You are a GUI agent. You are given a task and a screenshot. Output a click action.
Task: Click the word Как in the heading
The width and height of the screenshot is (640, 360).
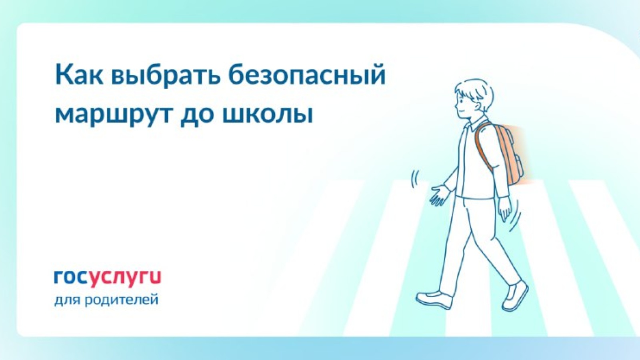tap(79, 75)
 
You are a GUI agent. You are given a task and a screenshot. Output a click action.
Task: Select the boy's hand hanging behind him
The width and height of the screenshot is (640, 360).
tap(505, 209)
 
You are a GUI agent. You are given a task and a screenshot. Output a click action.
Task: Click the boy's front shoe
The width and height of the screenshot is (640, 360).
tap(434, 300)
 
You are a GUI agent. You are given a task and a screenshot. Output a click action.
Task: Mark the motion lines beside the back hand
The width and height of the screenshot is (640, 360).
tap(516, 216)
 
